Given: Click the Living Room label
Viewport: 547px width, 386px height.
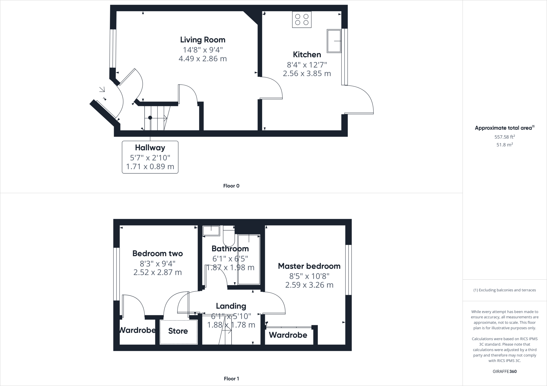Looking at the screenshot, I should (x=203, y=40).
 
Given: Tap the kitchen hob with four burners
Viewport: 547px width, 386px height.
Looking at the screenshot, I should (x=302, y=19).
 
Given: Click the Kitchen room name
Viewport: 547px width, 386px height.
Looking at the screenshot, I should (x=307, y=55).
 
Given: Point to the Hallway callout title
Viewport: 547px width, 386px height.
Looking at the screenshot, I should (x=150, y=148).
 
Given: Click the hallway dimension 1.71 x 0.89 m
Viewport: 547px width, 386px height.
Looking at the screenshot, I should (x=150, y=167).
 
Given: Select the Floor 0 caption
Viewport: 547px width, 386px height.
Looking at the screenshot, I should (x=231, y=186).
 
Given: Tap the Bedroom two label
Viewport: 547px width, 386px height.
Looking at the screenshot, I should (x=158, y=253).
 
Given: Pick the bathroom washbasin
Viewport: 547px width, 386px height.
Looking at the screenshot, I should (x=211, y=231).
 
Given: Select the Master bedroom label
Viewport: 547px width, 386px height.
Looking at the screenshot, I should (x=309, y=266).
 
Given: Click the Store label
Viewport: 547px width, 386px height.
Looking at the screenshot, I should (x=178, y=331).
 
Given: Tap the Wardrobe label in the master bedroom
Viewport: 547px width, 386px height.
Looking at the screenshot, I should (x=288, y=335).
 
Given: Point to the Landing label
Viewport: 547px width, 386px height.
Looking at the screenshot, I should (x=231, y=306).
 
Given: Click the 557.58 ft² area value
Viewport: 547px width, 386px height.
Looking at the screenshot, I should (x=505, y=137).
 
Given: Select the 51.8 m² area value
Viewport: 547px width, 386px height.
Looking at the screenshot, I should (x=505, y=145).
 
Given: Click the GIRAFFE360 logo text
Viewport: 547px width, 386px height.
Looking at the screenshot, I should (x=505, y=371).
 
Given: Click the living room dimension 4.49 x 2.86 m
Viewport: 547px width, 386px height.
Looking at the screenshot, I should (x=203, y=59).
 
